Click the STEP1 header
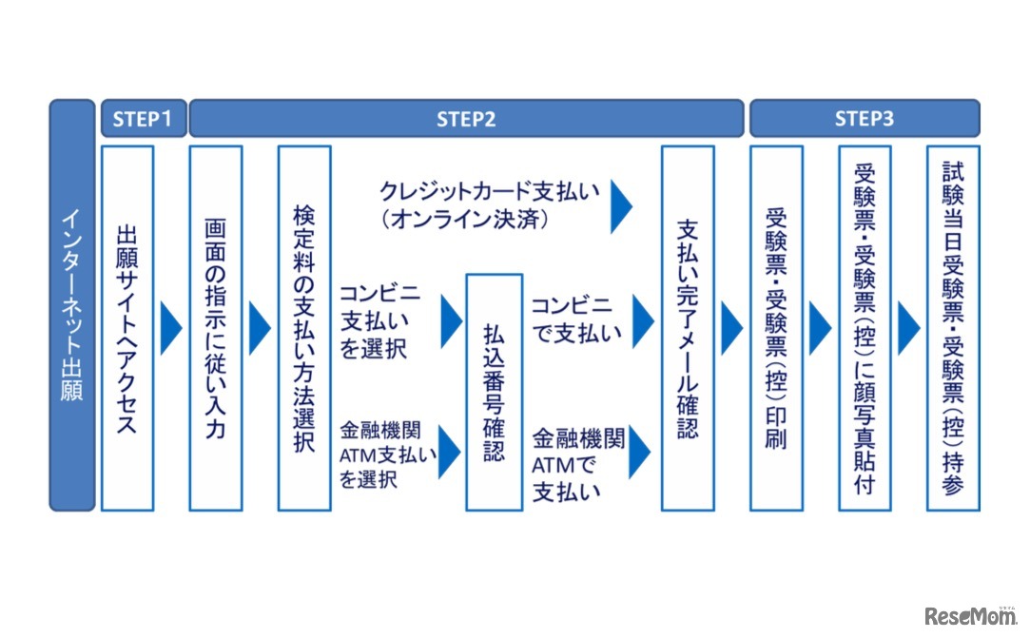[x=144, y=119]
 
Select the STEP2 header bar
[x=466, y=119]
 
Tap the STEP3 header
[x=864, y=119]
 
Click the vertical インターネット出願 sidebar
[x=72, y=304]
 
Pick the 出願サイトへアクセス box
[x=127, y=328]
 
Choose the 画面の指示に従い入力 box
[x=216, y=328]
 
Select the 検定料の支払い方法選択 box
[x=304, y=328]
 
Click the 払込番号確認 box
[x=494, y=392]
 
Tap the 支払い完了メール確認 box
[x=688, y=328]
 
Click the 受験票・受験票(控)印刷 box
[x=776, y=328]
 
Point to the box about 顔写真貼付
[x=865, y=328]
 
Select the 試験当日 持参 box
[x=953, y=328]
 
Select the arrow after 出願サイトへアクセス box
[x=171, y=328]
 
